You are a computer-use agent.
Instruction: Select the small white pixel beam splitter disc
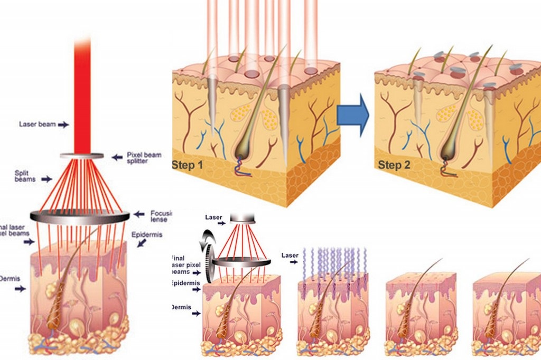click(x=81, y=156)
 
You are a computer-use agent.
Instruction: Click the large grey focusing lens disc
click(x=80, y=215)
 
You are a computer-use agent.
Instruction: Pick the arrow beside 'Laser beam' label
click(x=63, y=125)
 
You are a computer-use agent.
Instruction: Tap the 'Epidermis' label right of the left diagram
click(x=146, y=234)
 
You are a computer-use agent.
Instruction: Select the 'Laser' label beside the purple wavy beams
click(x=290, y=255)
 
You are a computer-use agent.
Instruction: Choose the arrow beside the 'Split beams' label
click(x=46, y=179)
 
